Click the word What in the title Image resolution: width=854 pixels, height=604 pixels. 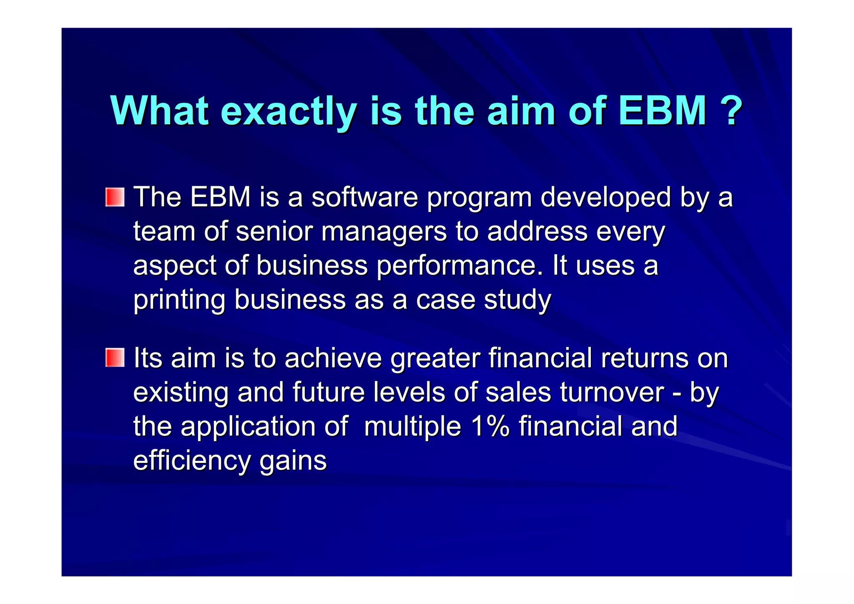[x=159, y=111]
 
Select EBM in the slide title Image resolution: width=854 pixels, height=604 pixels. [x=663, y=111]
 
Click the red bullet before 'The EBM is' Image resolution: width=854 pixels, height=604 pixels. [x=115, y=197]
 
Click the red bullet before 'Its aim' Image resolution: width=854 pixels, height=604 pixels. [x=115, y=358]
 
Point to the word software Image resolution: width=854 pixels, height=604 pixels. [x=364, y=197]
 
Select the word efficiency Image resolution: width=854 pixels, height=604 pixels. [x=192, y=461]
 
